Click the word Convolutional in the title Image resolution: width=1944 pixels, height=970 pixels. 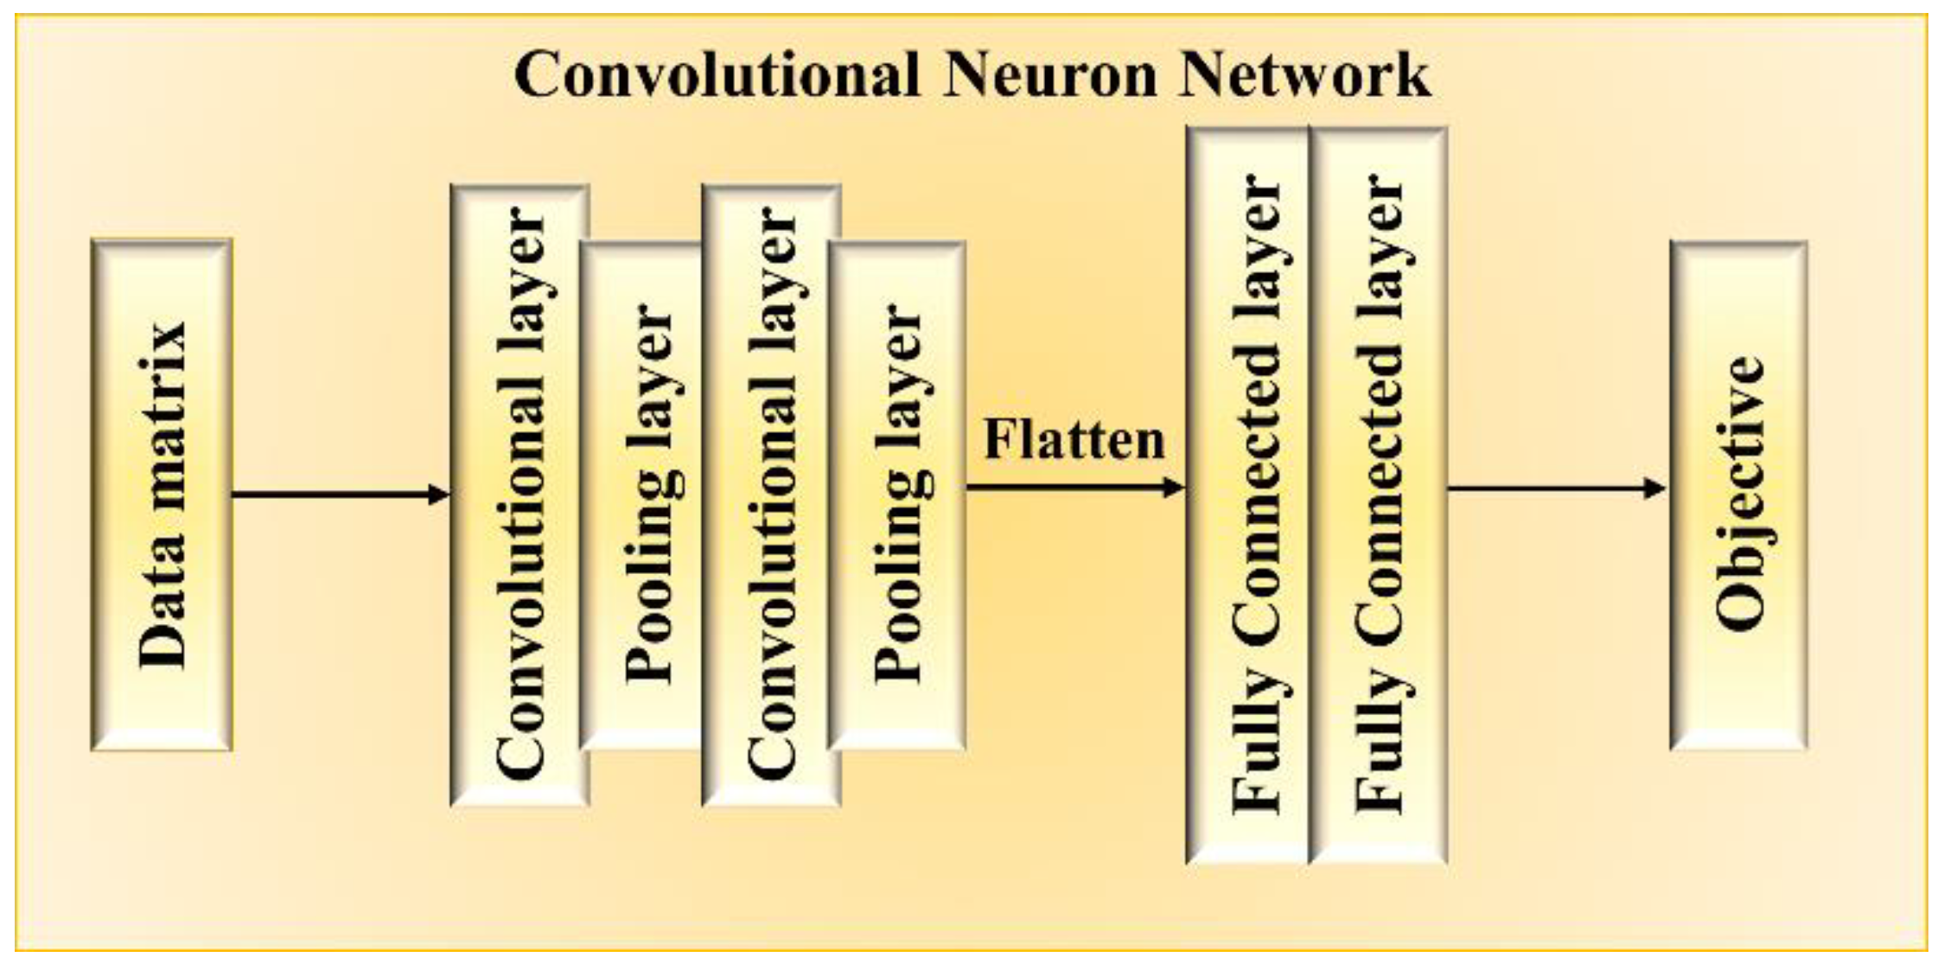point(717,75)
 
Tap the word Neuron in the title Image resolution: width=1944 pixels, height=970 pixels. point(1049,75)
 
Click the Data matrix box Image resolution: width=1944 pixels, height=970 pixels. point(162,495)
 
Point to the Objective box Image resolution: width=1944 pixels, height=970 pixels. point(1738,495)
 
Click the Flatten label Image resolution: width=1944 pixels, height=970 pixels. point(1074,440)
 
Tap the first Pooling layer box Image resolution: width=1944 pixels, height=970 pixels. point(644,495)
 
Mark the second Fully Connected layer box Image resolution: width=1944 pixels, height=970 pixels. point(1378,495)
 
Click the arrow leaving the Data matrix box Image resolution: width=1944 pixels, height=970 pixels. point(337,495)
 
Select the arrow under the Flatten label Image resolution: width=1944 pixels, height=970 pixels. point(1072,488)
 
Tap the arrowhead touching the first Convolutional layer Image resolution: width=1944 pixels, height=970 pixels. point(439,495)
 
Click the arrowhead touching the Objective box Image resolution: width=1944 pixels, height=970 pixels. point(1654,488)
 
